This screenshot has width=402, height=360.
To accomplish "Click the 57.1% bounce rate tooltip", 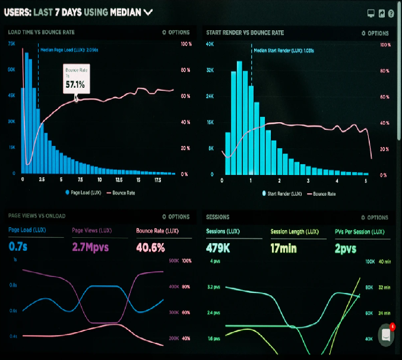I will coord(75,81).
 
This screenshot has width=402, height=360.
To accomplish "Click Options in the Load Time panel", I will coord(176,33).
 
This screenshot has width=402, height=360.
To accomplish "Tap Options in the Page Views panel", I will coord(176,217).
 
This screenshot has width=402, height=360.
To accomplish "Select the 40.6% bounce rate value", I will coord(151,246).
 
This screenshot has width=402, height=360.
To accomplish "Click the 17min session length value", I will coord(284,246).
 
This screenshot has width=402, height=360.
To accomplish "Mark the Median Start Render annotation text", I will coord(284,50).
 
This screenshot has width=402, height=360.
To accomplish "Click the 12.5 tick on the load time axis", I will coord(119,179).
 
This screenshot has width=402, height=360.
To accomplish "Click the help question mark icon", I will coord(391,13).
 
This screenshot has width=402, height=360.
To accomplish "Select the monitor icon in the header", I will coord(371,13).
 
